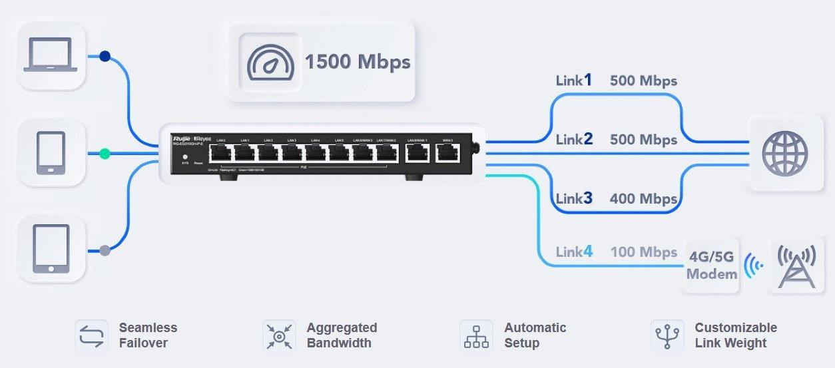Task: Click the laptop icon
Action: tap(51, 55)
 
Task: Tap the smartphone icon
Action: tap(51, 152)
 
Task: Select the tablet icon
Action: tap(51, 249)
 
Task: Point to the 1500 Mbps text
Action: tap(358, 62)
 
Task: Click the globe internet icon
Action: tap(784, 153)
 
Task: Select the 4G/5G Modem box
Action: tap(712, 265)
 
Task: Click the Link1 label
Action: tap(574, 81)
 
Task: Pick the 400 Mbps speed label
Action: tap(643, 198)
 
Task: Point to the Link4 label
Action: tap(574, 252)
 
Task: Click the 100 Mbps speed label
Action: tap(643, 252)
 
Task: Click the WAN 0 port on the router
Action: tap(447, 154)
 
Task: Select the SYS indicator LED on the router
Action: tap(185, 157)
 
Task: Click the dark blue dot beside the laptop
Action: tap(105, 57)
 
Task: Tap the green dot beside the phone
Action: tap(105, 154)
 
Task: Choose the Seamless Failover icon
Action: tap(90, 335)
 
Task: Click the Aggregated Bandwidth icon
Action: tap(278, 335)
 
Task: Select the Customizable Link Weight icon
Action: tap(667, 335)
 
